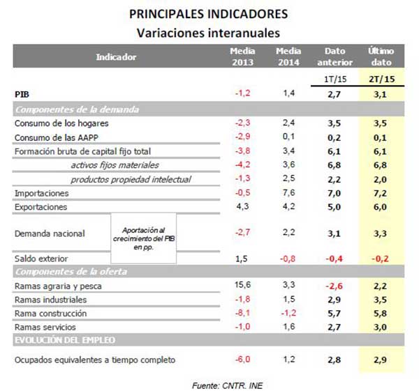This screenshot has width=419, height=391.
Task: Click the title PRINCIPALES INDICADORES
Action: (x=208, y=14)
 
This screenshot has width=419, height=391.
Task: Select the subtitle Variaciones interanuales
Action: (x=208, y=32)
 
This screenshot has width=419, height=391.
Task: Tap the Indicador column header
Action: (x=116, y=56)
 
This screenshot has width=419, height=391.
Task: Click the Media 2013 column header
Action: (x=242, y=56)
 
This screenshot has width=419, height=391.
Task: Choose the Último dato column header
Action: (x=382, y=56)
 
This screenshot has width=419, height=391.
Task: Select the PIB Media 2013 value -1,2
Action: (x=242, y=93)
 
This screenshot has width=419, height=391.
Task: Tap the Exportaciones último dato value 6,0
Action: (x=382, y=207)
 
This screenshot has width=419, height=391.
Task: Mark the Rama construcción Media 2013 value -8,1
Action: (x=242, y=313)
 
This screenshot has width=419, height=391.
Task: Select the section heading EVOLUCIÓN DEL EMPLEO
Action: (x=66, y=340)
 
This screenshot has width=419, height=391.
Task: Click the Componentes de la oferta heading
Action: (x=69, y=271)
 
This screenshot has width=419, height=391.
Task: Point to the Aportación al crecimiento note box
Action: (x=143, y=238)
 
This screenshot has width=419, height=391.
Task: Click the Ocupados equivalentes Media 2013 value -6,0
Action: (x=242, y=360)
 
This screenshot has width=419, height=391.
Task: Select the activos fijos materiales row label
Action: (x=115, y=165)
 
